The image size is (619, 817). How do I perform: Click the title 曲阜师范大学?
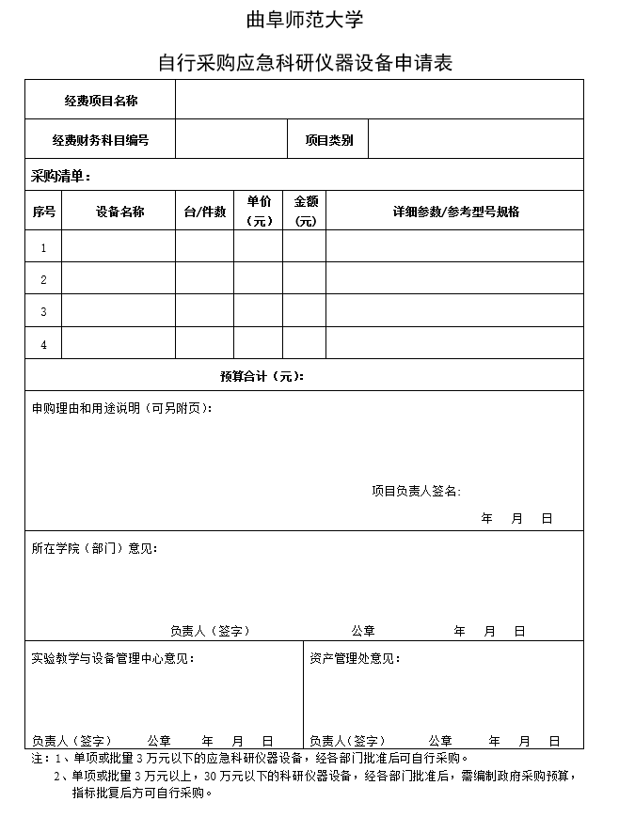tap(304, 20)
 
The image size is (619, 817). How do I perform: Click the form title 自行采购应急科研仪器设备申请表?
tap(305, 63)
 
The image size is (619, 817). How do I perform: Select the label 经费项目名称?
tap(101, 101)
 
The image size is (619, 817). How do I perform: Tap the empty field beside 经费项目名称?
tap(378, 101)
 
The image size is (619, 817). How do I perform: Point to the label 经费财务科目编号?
tap(101, 140)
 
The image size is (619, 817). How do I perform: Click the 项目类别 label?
tap(328, 140)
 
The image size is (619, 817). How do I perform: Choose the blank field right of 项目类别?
tap(475, 140)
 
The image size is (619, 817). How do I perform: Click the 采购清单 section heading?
tap(60, 176)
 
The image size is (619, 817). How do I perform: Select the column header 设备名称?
tap(119, 212)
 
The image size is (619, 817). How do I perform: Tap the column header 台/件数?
tap(204, 212)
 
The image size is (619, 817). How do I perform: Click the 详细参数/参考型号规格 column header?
tap(455, 212)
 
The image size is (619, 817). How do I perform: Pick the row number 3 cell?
tap(43, 312)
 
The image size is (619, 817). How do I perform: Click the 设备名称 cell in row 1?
tap(119, 248)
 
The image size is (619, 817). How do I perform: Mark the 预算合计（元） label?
tap(262, 376)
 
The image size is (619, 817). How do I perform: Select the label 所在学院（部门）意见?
tap(94, 548)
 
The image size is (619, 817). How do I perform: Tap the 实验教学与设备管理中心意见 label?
tap(113, 658)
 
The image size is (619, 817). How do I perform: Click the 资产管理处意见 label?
tap(355, 658)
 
